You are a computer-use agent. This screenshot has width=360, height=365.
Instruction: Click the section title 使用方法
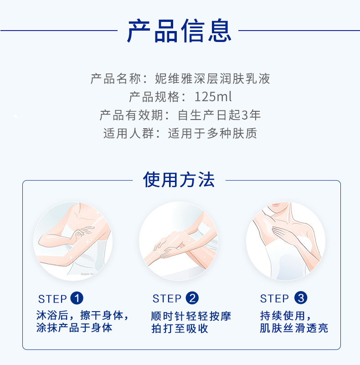coord(179,179)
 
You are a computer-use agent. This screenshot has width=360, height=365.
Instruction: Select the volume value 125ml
coord(213,97)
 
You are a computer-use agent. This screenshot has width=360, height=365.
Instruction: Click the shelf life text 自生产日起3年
coord(219,115)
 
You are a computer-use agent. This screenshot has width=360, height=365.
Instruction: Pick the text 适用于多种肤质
coord(212,133)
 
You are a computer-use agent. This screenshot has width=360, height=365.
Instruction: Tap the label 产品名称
coord(116,78)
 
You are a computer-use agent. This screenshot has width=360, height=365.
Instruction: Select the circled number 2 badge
coord(192,298)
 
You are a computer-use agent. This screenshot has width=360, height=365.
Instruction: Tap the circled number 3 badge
coord(301,298)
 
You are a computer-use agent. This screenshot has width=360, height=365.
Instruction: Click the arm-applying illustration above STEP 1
coord(72,241)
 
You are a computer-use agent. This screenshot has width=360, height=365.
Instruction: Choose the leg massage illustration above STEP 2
coord(179,241)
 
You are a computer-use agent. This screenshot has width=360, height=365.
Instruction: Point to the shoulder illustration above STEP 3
coord(286,241)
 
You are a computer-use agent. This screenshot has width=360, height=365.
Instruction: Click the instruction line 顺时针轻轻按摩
coord(191,316)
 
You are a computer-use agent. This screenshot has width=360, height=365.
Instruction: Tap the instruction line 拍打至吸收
coord(180,328)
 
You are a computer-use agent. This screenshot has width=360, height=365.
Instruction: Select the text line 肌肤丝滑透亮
coord(294,328)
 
